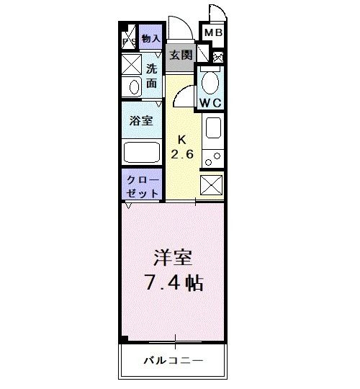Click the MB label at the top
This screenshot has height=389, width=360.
pos(212,33)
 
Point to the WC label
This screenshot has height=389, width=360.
pos(210,102)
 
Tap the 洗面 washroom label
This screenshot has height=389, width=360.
pos(151,76)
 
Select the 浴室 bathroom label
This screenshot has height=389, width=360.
pos(140,120)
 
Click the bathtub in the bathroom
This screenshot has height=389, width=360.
pos(142,152)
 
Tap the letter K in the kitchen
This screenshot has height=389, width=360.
pos(182,140)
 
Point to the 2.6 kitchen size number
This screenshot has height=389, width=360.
pos(183,154)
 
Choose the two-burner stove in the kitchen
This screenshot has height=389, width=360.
pos(214,156)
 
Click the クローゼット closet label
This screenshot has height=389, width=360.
pos(142,186)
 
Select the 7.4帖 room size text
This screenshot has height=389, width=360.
pos(172,282)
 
